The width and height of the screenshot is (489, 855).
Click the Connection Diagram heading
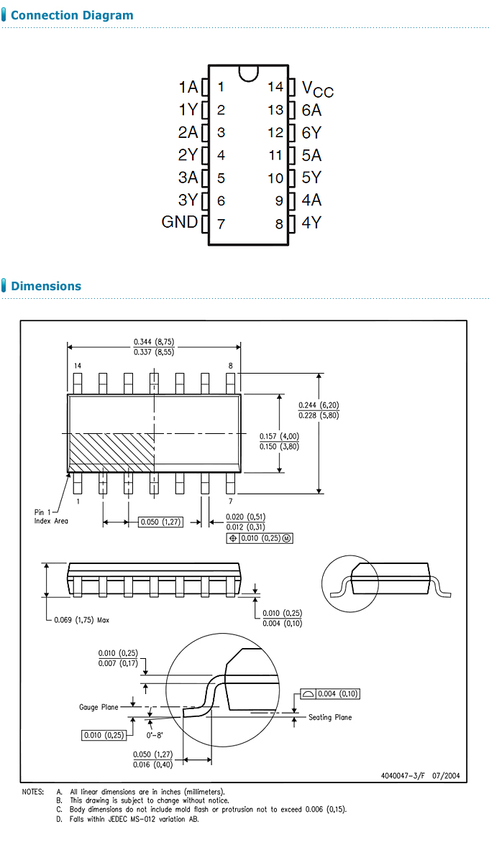[x=72, y=15]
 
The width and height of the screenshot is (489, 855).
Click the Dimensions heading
[x=46, y=286]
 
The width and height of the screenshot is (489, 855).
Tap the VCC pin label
[x=317, y=88]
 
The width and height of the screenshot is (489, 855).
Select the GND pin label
[x=179, y=222]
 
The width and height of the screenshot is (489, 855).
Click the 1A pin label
[x=188, y=87]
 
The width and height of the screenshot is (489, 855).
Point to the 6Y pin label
[x=311, y=133]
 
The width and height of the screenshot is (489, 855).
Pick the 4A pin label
[x=311, y=200]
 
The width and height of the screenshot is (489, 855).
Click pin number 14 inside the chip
[x=275, y=87]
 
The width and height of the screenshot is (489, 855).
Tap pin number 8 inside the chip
[x=279, y=223]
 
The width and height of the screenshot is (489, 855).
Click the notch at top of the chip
[x=248, y=71]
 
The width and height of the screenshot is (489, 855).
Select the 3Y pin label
[x=188, y=200]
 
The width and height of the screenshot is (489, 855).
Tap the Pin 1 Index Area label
[x=51, y=517]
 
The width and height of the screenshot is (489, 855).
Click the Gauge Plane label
[x=99, y=708]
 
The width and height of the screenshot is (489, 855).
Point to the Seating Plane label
[x=330, y=717]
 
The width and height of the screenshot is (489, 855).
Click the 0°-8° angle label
[x=155, y=736]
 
